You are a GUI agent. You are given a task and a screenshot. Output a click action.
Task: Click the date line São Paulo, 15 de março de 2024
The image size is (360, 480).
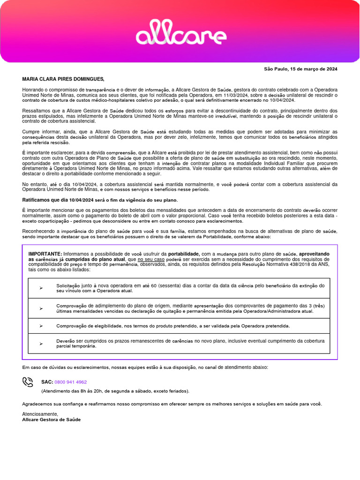[300, 69]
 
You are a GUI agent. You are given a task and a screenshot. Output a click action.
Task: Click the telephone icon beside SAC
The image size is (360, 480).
[28, 382]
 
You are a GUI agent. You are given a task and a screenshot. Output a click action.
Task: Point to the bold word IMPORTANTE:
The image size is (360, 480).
[45, 254]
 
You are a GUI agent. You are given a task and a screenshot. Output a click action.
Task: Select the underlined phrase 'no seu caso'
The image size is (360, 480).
[151, 259]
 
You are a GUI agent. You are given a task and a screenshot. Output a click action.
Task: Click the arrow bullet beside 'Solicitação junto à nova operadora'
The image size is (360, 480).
[41, 288]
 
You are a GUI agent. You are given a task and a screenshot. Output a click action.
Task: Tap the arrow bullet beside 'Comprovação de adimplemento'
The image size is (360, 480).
[41, 308]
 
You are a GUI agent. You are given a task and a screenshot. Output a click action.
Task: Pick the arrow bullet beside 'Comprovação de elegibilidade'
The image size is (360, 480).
[41, 326]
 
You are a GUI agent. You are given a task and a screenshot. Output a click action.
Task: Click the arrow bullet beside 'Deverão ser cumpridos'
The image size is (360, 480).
[41, 344]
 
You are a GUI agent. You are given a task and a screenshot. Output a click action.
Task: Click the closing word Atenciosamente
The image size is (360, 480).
[40, 414]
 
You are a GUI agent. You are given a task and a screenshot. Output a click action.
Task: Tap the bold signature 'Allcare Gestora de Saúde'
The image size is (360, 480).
[52, 420]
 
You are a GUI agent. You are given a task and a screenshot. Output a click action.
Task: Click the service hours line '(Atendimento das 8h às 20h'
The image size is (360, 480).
[115, 391]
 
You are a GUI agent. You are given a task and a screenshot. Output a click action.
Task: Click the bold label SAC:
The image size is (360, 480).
[47, 382]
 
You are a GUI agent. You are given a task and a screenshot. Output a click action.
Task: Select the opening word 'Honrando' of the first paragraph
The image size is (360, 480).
[33, 89]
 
